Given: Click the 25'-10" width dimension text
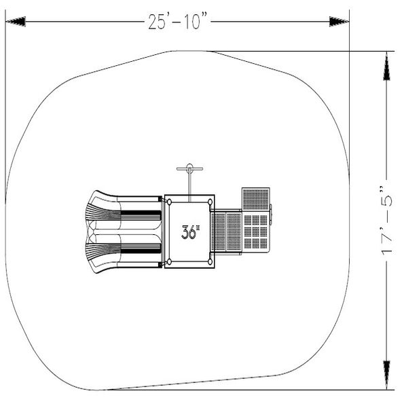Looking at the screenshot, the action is click(178, 22).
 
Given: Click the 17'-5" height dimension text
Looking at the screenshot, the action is click(387, 221).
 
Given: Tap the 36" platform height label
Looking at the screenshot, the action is click(191, 232).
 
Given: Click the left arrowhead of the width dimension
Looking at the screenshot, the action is click(16, 21).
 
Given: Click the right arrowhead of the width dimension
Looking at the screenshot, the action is click(339, 21).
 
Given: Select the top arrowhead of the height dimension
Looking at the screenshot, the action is click(386, 66).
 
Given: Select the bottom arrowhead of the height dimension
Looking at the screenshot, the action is click(386, 375).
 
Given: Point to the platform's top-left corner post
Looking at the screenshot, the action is click(169, 202).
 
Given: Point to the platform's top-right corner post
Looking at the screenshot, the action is click(210, 202).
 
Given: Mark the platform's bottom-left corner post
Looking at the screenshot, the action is click(169, 262).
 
